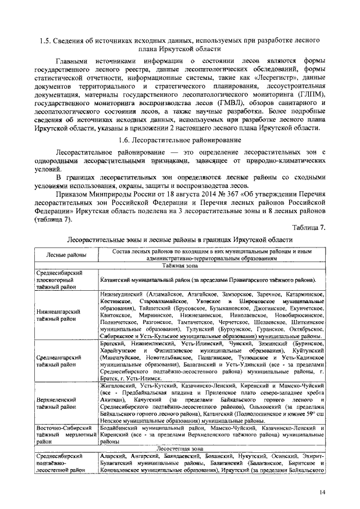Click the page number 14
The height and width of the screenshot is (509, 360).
(x=322, y=493)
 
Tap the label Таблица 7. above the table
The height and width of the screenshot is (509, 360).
(x=308, y=227)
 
